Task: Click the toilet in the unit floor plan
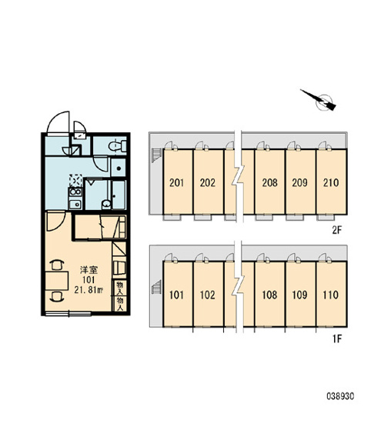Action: [118, 146]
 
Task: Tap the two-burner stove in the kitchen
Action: [75, 192]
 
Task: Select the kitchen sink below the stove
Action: [75, 204]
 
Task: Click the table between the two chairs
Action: [57, 281]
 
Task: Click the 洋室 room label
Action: [89, 270]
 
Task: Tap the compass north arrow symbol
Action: [319, 100]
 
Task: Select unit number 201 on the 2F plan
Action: [176, 182]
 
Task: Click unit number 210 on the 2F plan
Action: [331, 182]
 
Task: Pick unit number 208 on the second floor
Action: [269, 182]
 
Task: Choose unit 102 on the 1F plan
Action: [207, 295]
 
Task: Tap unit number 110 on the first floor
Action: [330, 295]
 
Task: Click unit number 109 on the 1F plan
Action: [299, 295]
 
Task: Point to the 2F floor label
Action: [337, 230]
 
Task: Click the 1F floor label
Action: [337, 339]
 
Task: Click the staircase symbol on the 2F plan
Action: [157, 155]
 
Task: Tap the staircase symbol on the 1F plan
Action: [157, 286]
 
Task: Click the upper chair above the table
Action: [57, 265]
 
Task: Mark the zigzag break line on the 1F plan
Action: [239, 286]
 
